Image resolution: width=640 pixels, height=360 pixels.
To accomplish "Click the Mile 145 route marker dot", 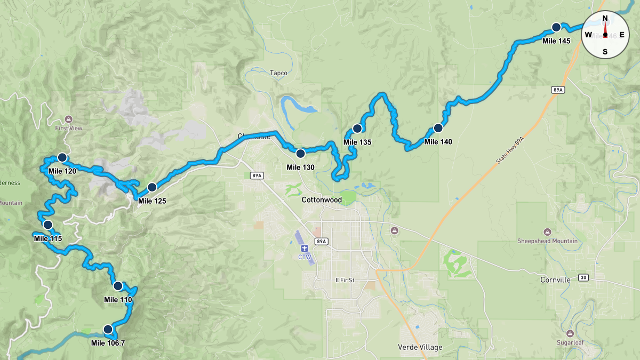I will [556, 27].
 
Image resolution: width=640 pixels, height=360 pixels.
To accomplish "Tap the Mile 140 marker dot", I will [438, 128].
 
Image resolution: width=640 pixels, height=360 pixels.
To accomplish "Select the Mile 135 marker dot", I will [357, 128].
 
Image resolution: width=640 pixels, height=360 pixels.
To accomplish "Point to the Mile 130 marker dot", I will [300, 153].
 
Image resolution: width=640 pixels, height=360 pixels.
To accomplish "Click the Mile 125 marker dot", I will [152, 187].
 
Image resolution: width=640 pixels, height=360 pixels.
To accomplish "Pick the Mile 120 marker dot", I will [62, 157].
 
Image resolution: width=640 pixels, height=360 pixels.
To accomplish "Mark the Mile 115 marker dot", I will [48, 225].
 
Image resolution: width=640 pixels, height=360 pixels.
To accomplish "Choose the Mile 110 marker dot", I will [118, 285].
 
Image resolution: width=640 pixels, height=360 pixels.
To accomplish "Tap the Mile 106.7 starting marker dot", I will [108, 329].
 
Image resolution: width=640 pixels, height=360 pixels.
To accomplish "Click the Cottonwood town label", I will [321, 200].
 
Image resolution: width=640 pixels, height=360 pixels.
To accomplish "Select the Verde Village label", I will [420, 347].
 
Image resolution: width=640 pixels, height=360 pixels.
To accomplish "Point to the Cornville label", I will [555, 279].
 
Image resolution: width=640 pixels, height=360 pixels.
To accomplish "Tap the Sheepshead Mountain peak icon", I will [547, 232].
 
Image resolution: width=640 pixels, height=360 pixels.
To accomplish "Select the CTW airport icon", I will [305, 249].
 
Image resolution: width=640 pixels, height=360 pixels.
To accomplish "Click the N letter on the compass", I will [605, 19].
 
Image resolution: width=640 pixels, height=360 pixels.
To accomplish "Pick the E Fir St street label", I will [345, 280].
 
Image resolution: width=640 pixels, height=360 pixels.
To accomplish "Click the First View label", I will [68, 128].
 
